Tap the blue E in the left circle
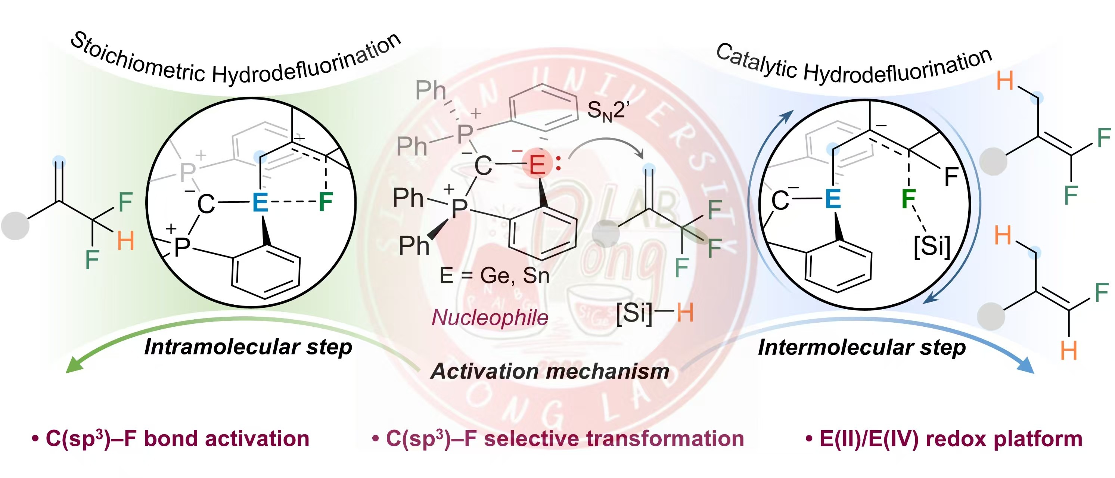point(260,202)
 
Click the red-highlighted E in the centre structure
point(537,165)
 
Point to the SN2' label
point(608,111)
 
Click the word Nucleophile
point(490,317)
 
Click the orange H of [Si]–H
point(685,313)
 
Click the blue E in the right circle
point(833,199)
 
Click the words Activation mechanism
point(550,371)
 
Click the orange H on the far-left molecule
point(125,241)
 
